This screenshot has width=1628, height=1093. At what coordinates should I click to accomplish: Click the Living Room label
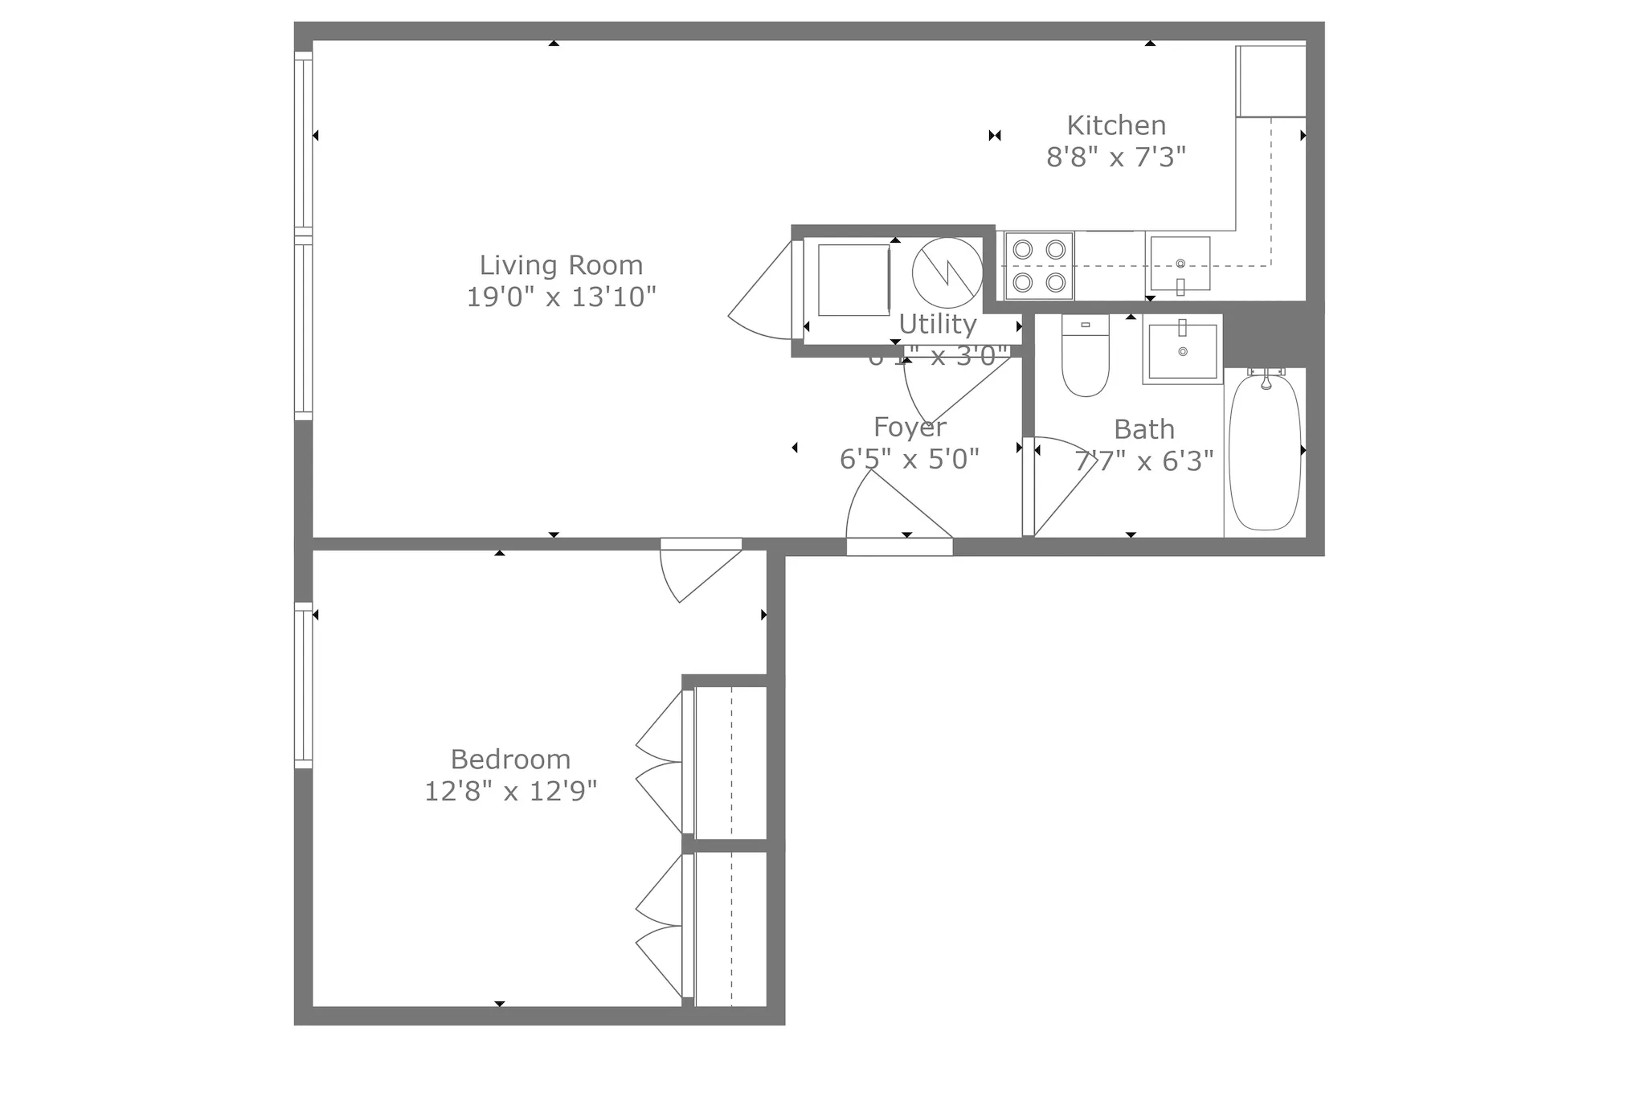561,265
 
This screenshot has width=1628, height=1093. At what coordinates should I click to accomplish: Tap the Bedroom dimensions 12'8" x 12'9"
510,792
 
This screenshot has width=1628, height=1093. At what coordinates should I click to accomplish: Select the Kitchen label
1116,125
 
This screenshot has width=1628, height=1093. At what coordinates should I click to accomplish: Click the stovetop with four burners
1039,266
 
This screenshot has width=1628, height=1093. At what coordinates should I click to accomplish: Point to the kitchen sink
1180,264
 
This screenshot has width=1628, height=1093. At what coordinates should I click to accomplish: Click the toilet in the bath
1085,356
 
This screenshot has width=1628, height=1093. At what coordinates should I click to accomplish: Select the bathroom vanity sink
1182,350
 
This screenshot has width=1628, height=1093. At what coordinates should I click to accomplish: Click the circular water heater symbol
947,272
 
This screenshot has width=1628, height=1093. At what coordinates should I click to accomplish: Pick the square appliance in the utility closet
853,280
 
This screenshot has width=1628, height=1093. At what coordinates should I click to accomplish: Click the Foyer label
910,427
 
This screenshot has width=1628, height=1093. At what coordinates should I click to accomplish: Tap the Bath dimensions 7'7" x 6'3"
1144,461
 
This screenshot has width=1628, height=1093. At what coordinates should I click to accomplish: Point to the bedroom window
303,686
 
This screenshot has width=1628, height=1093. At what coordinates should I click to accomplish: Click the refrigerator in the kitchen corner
1270,81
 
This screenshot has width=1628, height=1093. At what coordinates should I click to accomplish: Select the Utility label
937,324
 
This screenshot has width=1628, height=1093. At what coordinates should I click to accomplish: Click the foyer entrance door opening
898,546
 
